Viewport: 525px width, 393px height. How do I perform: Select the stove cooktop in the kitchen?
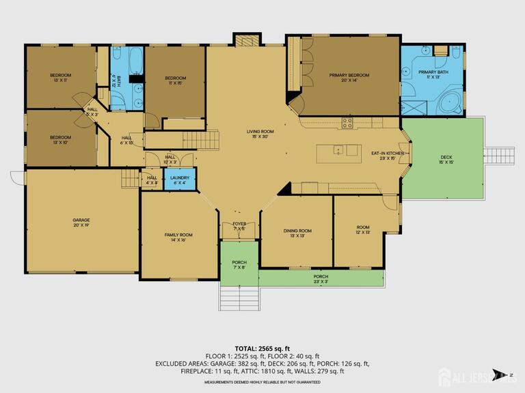(347, 123)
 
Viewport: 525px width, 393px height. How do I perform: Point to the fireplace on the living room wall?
(247, 40)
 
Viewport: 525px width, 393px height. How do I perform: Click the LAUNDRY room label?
(179, 179)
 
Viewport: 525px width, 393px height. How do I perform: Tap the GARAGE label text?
(81, 222)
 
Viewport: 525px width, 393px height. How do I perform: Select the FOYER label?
(239, 226)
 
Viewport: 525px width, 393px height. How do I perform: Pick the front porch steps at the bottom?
(239, 297)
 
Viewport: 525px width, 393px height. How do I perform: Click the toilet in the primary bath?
(441, 51)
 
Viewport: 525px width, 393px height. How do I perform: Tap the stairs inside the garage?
(131, 179)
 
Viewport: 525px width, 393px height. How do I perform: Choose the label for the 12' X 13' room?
(362, 230)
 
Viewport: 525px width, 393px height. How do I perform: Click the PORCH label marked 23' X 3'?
(321, 279)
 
